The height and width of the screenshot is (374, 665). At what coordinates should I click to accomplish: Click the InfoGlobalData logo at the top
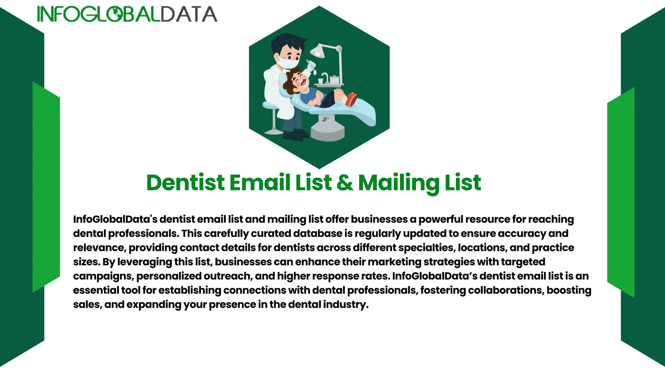(127, 14)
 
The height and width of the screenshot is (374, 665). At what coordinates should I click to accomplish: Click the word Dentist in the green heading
(185, 182)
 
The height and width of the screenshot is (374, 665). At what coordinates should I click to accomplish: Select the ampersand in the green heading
(345, 182)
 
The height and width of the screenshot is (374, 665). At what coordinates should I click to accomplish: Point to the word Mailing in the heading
(399, 182)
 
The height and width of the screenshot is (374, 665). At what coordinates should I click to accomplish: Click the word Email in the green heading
(260, 182)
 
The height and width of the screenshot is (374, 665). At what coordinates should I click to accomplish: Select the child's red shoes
(351, 99)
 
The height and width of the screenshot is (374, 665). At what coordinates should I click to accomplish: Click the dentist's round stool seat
(271, 105)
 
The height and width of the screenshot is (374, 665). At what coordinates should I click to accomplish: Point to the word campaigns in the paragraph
(103, 276)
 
